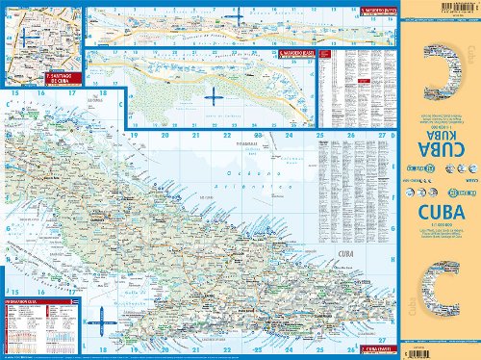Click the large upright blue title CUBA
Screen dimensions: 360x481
440,209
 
